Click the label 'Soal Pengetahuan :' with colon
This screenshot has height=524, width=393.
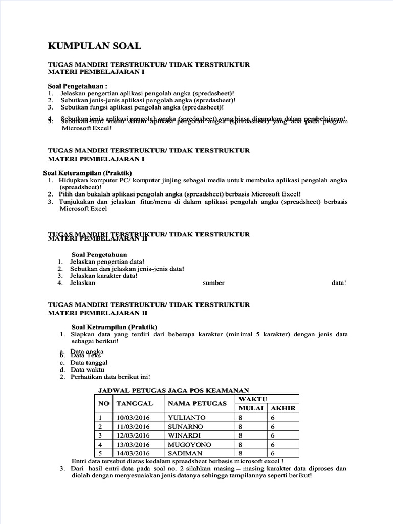(78, 86)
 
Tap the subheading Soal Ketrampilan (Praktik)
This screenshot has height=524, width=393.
(114, 326)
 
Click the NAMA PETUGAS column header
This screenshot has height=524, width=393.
(197, 403)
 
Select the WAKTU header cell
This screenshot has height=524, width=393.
(250, 399)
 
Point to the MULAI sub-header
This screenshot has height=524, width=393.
(251, 408)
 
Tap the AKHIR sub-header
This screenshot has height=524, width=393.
(283, 408)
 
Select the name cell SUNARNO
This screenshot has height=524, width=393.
(185, 426)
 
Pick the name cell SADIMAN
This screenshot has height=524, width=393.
(185, 453)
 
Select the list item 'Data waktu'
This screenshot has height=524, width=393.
(88, 369)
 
